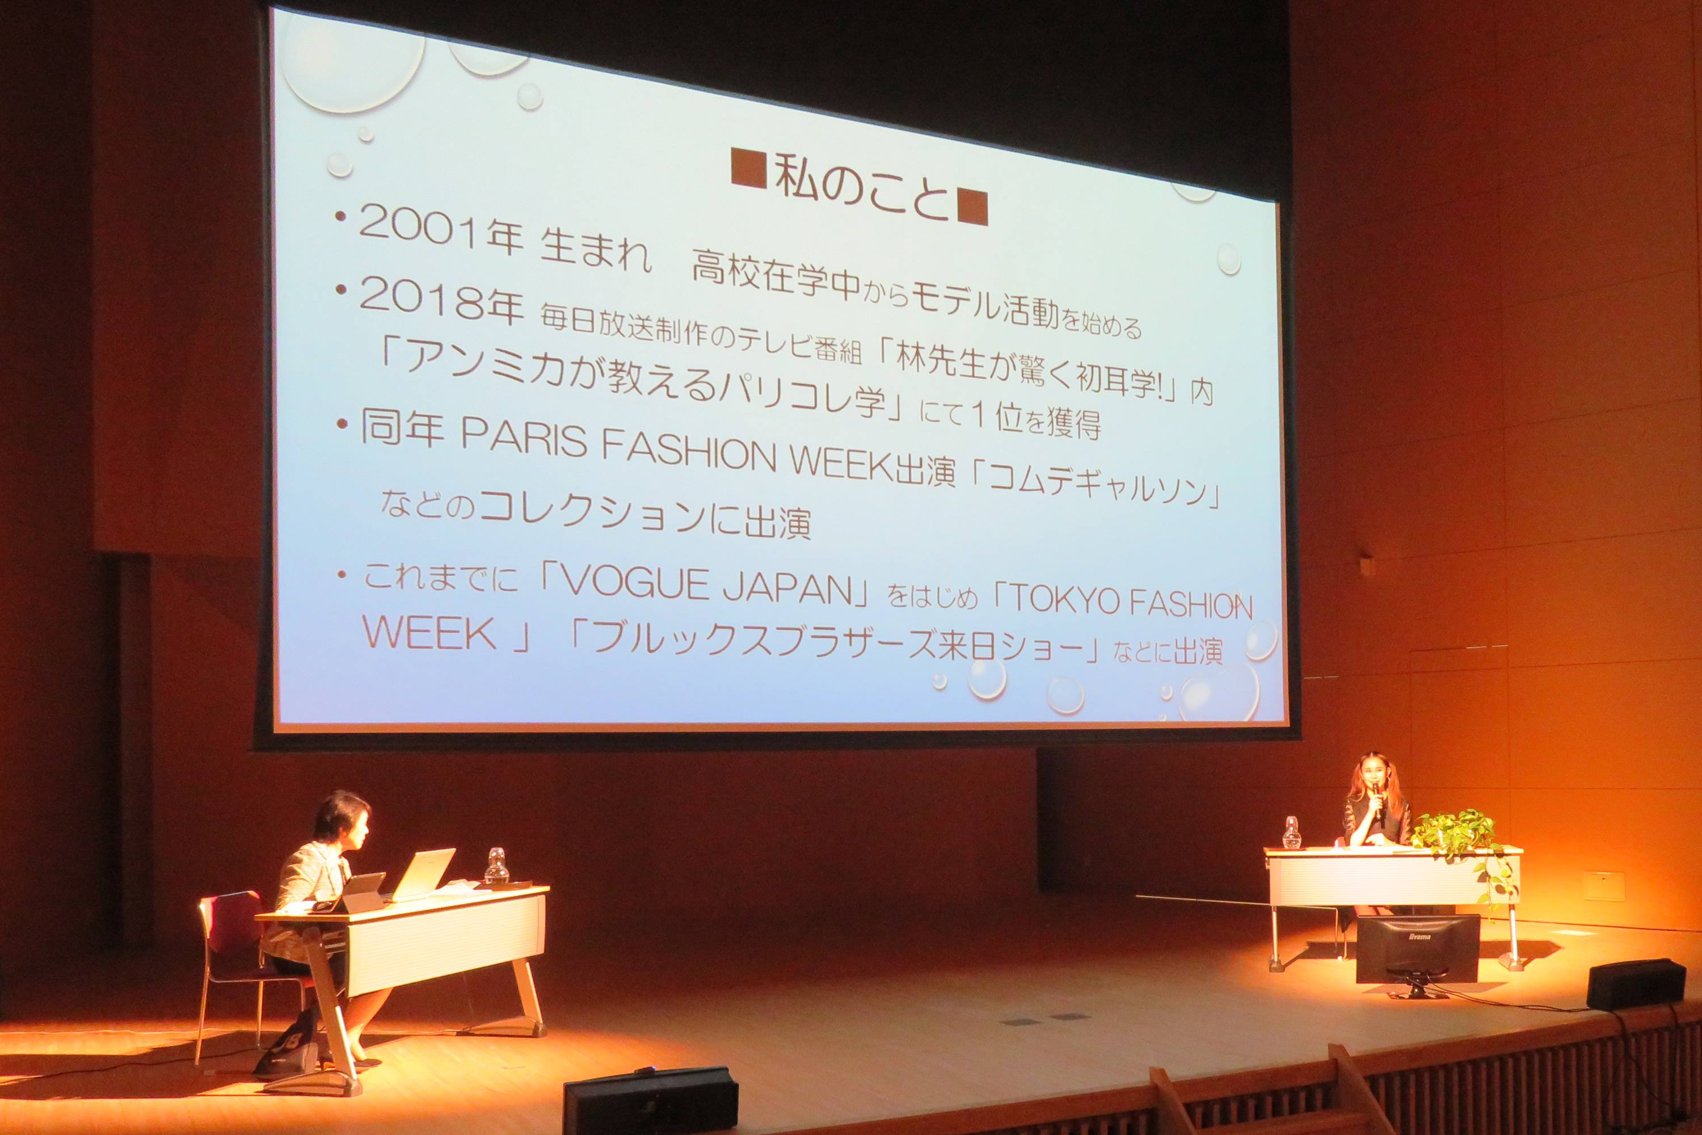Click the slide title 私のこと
(x=860, y=187)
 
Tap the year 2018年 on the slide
(x=441, y=302)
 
